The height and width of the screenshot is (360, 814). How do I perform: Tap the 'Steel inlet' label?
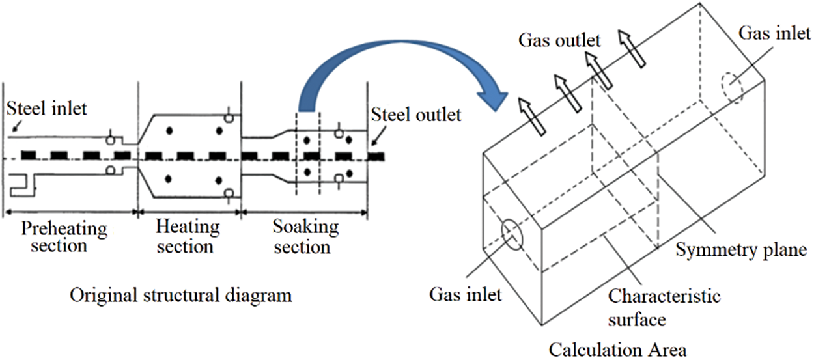click(46, 108)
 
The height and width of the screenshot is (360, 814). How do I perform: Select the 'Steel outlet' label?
click(416, 115)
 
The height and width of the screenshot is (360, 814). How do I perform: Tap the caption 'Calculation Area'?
click(617, 350)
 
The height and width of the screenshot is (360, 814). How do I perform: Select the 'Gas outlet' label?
click(559, 40)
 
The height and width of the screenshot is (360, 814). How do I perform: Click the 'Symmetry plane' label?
click(740, 249)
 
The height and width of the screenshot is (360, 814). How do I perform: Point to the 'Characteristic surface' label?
click(664, 307)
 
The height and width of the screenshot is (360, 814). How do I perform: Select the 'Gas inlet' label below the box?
click(466, 295)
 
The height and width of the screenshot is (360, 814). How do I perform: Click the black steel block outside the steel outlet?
click(376, 157)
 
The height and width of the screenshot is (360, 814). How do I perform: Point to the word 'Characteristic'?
click(664, 298)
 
